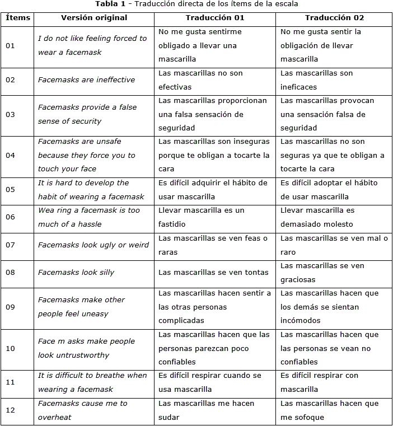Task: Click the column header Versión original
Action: pyautogui.click(x=93, y=17)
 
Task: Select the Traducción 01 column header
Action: pyautogui.click(x=215, y=17)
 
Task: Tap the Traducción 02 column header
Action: pyautogui.click(x=335, y=17)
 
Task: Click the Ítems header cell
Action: pyautogui.click(x=17, y=17)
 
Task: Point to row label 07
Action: pyautogui.click(x=10, y=245)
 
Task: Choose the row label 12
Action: pyautogui.click(x=10, y=410)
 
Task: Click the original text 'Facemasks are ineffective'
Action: pyautogui.click(x=86, y=80)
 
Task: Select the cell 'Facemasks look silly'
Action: pyautogui.click(x=76, y=273)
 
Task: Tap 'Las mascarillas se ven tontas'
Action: pyautogui.click(x=213, y=273)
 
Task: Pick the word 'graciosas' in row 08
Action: pyautogui.click(x=298, y=280)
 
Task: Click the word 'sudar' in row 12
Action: pyautogui.click(x=169, y=418)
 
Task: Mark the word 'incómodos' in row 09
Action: pyautogui.click(x=300, y=321)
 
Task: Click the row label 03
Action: pyautogui.click(x=10, y=115)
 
